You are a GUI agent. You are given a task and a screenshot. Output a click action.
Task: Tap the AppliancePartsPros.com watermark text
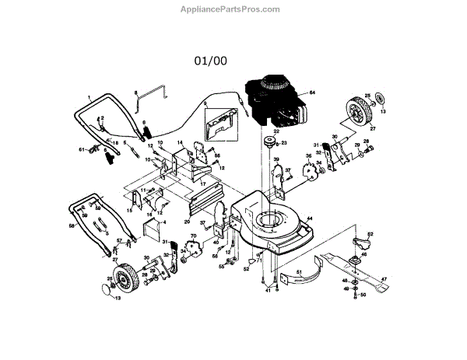pyautogui.click(x=233, y=9)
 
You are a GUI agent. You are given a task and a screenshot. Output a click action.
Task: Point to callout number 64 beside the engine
pyautogui.click(x=312, y=93)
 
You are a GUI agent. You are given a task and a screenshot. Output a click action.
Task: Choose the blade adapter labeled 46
pyautogui.click(x=363, y=255)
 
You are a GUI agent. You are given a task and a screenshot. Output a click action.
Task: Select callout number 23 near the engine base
pyautogui.click(x=284, y=143)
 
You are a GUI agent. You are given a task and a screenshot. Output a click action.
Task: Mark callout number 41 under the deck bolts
pyautogui.click(x=266, y=290)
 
